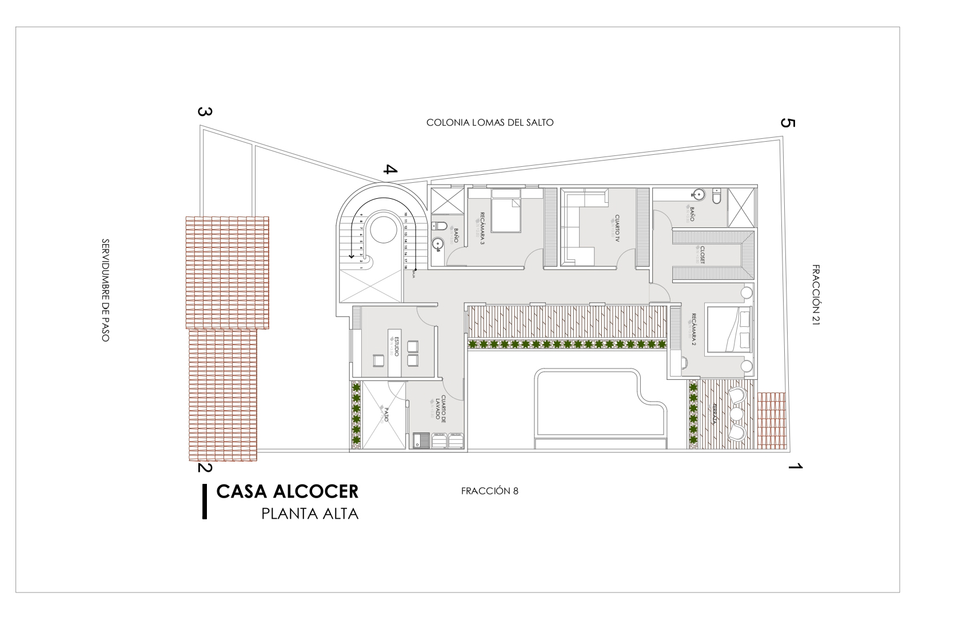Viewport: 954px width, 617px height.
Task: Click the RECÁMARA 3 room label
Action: [482, 227]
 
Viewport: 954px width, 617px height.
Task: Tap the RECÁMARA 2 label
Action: [693, 330]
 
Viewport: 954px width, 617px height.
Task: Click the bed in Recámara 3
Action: [506, 214]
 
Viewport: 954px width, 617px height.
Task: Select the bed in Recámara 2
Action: [729, 329]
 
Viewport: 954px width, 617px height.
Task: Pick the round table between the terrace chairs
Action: [736, 413]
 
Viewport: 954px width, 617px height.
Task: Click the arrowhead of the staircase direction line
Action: [351, 256]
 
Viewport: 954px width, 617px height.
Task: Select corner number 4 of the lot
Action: [390, 170]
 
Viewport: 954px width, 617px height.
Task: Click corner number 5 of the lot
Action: [788, 123]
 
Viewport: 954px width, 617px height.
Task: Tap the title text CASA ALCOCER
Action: [288, 491]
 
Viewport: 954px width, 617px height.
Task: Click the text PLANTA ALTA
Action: [310, 514]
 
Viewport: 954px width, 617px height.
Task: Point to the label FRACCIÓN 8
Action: [489, 491]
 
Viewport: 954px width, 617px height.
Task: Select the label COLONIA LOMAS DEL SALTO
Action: [490, 122]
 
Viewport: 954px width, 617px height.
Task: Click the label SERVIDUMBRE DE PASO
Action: [105, 290]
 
